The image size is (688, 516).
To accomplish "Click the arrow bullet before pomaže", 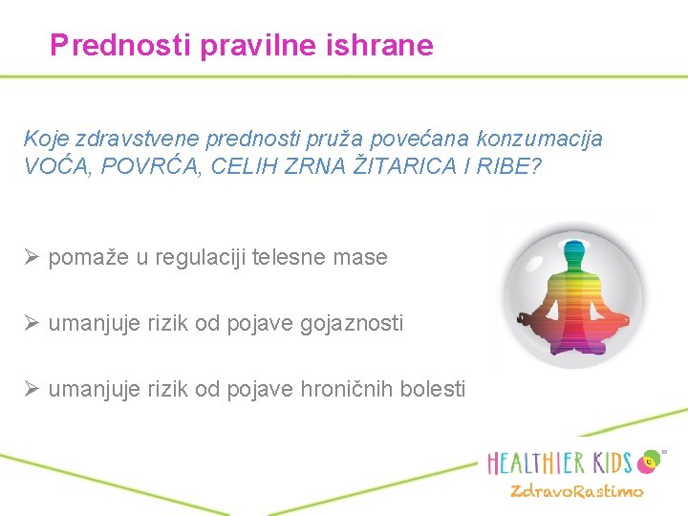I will pos(32,257).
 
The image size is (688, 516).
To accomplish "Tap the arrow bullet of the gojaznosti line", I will pos(32,324).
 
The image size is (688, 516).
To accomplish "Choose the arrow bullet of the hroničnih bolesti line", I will pos(32,390).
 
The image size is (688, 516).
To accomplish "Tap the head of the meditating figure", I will pos(574,253).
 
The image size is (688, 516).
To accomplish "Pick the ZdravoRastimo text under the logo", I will pos(576,492).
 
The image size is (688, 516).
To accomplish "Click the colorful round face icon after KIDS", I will pos(651,461).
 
